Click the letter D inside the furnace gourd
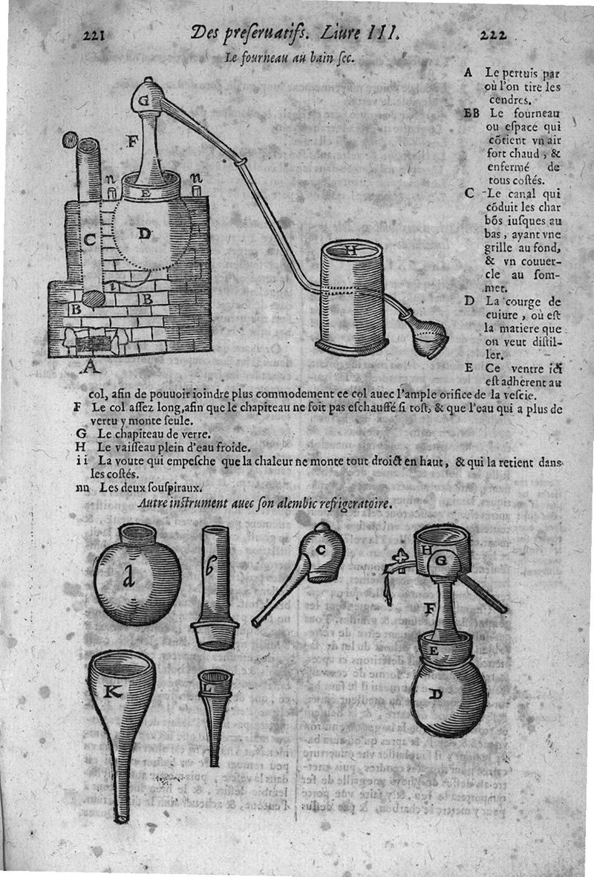point(145,234)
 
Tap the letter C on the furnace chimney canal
point(88,239)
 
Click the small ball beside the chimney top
point(70,139)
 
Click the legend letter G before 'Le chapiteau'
point(79,434)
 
